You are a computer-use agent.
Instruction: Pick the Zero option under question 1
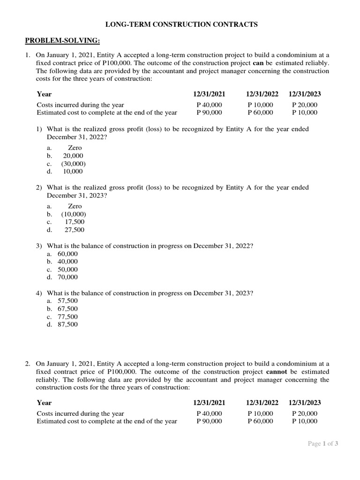(75, 148)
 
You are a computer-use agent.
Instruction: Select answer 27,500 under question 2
(75, 230)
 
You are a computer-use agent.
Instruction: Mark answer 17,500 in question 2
(75, 222)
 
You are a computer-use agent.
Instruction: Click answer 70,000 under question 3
(67, 277)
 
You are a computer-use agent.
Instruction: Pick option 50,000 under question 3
(67, 270)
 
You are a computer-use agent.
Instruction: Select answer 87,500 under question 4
(67, 324)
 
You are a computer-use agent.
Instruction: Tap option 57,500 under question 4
(67, 300)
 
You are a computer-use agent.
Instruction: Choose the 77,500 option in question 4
(67, 316)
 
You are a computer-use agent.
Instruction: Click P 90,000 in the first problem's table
(210, 112)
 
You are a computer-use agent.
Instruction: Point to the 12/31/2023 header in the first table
(305, 94)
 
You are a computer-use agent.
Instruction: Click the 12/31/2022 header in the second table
(262, 403)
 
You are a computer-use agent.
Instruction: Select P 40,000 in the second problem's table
(210, 413)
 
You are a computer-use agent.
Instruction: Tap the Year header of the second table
(44, 403)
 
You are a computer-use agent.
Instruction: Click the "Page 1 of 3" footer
(323, 443)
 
